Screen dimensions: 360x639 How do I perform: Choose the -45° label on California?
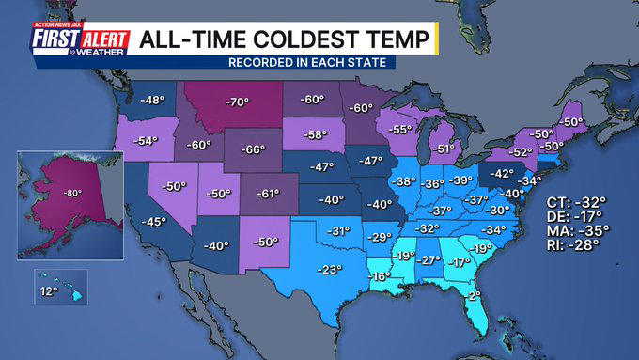click(153, 222)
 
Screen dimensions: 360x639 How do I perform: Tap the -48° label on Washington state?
click(151, 99)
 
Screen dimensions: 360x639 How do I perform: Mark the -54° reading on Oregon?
click(146, 141)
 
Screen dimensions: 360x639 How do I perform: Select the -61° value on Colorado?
click(268, 194)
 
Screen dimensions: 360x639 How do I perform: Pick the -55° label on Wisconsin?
click(401, 130)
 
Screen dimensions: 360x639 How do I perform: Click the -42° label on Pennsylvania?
click(503, 173)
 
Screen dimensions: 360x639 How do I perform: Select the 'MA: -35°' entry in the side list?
click(576, 228)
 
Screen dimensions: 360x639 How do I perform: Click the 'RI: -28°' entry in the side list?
click(573, 244)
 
